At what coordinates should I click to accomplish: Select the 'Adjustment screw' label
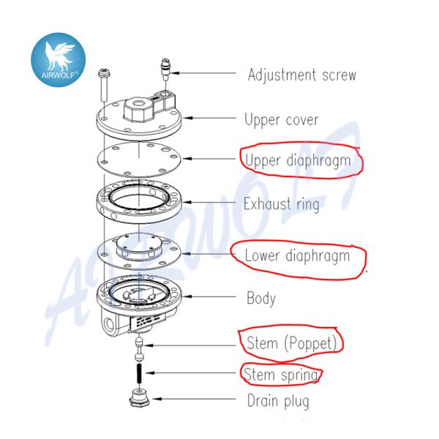click(301, 75)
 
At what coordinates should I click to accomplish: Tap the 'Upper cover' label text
click(281, 119)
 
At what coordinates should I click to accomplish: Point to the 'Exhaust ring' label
click(281, 203)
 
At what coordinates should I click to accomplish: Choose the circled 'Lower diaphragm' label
click(296, 256)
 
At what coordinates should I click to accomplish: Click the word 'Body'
click(260, 299)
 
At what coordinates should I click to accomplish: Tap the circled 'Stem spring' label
click(281, 375)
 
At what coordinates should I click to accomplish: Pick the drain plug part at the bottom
click(137, 401)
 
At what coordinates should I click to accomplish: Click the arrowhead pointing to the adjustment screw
click(176, 73)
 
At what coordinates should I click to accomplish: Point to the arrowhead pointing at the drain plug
click(153, 400)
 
